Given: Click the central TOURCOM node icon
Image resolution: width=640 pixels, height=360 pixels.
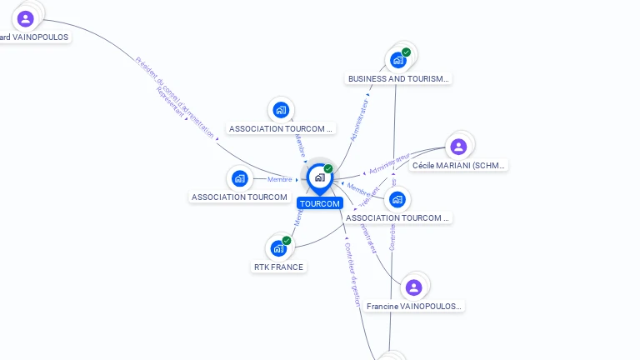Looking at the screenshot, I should [319, 177].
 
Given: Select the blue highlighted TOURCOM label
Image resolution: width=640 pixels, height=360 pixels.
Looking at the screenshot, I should [320, 203].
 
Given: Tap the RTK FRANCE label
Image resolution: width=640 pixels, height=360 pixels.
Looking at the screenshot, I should [278, 267].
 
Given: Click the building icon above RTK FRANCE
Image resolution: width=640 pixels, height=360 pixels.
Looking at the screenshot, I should [278, 247].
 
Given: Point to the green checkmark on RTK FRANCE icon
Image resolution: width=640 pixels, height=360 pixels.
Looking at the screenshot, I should [287, 241].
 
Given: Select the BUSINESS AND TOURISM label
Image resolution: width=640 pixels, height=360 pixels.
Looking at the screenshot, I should [398, 79].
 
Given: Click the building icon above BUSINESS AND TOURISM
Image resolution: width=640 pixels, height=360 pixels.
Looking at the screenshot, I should [397, 60].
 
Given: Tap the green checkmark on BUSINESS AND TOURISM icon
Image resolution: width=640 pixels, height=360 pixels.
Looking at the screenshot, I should [406, 52].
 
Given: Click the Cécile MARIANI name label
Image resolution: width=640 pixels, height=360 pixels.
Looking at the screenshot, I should [459, 166].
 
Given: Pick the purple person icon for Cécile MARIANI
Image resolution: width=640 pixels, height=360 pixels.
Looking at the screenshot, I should [457, 147].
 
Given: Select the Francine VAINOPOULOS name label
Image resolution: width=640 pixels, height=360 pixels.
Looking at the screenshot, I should [414, 307].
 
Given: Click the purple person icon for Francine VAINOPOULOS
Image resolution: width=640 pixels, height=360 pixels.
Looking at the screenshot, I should [413, 287].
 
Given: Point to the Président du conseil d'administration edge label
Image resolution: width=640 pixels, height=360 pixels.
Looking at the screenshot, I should [175, 97].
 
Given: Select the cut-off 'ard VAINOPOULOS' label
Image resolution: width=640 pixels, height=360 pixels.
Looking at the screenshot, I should [34, 37].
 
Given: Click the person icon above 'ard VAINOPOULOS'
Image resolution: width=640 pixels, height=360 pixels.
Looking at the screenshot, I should [25, 18].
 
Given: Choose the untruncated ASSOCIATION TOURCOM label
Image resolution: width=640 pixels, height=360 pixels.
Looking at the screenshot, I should [239, 197].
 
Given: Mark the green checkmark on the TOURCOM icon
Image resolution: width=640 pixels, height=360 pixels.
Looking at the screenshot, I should [328, 169].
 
